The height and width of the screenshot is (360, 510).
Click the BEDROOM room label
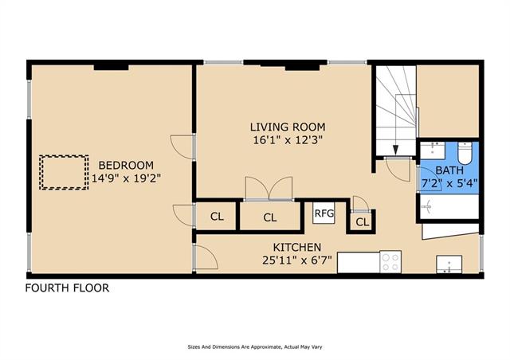coord(126,165)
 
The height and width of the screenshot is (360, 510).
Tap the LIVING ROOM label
coord(288,127)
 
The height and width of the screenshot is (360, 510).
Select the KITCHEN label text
coord(297,248)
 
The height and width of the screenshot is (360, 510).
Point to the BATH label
coord(449,170)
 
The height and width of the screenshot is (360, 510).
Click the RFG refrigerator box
coord(324,213)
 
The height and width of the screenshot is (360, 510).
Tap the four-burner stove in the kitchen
coord(390,262)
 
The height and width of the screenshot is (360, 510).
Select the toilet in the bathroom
coord(465,153)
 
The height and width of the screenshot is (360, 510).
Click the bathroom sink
coord(433,151)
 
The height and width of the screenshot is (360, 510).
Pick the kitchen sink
coord(449,264)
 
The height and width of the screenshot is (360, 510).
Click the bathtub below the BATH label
coord(449,206)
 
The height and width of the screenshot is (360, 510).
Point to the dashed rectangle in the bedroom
coord(64,172)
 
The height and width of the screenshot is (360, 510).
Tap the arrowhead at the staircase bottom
coord(395,150)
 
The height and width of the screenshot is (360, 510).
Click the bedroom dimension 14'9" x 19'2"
coord(126,178)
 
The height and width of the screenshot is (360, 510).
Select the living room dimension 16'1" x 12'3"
coord(288,140)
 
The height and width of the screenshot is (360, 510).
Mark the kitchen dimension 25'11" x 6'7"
coord(297,260)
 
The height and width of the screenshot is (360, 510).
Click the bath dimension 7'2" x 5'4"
coord(449,183)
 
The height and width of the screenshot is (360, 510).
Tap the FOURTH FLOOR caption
coord(67,288)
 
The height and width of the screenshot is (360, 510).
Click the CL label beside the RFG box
coord(363,222)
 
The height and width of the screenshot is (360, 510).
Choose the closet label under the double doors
coord(270,217)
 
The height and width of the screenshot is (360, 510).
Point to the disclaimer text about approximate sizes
coord(255,347)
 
